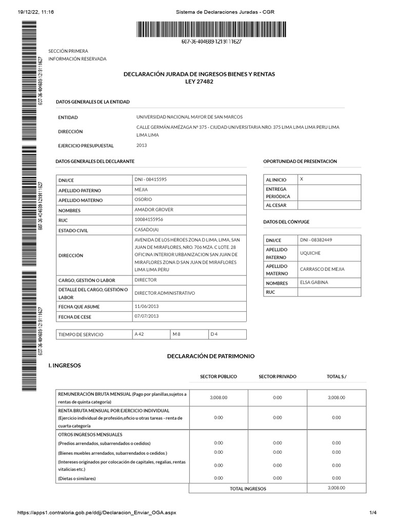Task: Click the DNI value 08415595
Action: [150, 179]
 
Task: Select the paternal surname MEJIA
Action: [141, 189]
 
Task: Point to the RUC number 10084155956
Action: [149, 220]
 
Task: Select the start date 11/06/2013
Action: [146, 306]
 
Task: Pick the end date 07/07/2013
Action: [146, 316]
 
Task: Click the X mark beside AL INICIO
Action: [302, 179]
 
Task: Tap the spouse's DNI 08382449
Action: [316, 239]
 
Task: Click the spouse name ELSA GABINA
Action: [314, 282]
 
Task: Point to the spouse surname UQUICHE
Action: [310, 253]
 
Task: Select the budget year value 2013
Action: [142, 145]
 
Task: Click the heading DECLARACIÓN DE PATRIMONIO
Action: [211, 356]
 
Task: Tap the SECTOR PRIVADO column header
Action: [278, 376]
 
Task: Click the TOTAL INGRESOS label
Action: [248, 489]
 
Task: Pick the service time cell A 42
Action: [140, 334]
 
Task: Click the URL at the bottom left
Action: [97, 513]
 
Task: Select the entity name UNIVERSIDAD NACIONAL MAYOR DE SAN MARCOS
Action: [189, 117]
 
